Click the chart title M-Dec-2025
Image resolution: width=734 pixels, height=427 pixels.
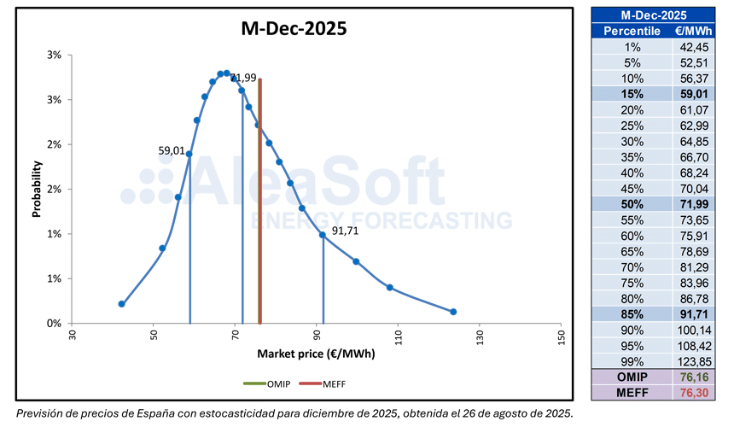[x=293, y=29]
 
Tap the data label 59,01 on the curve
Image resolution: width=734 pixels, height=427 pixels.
[x=172, y=150]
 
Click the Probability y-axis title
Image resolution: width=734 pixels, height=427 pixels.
[x=38, y=189]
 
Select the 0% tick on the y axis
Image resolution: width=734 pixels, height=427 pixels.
[x=54, y=324]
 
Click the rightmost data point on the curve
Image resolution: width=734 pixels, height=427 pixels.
[x=453, y=312]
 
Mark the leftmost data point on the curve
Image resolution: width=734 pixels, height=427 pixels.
[x=121, y=304]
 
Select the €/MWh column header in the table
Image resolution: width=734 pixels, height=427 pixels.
[x=690, y=31]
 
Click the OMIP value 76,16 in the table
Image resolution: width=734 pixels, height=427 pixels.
[x=692, y=377]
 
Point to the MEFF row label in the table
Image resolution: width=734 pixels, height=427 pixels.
[x=631, y=393]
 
